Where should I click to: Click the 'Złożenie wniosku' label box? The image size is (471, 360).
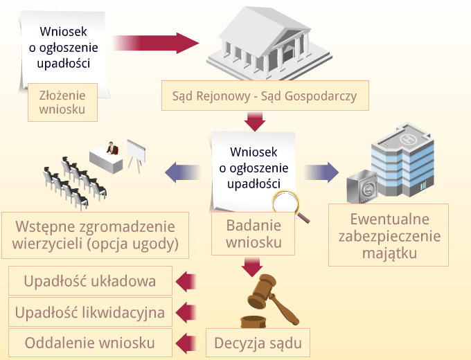point(62,102)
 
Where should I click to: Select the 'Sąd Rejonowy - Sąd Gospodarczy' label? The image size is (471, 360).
point(265,96)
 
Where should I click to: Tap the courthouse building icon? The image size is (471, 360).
point(269,44)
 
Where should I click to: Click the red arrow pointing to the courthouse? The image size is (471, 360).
point(156,43)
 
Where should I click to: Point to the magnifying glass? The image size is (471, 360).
point(287,204)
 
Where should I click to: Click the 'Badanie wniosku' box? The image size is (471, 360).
point(253,233)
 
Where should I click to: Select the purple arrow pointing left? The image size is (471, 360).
point(183,172)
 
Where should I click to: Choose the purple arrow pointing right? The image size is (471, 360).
point(321,172)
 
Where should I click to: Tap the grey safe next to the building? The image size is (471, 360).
point(362,186)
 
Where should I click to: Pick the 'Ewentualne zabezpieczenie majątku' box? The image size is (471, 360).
point(389,235)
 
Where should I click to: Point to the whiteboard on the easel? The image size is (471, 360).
point(136,150)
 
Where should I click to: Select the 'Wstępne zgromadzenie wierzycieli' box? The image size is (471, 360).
point(95,235)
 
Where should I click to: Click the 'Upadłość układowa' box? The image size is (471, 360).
point(90,281)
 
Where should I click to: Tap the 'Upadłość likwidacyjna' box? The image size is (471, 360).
point(90,312)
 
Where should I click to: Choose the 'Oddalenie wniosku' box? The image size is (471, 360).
point(90,343)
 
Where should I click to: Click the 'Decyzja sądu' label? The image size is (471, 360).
point(258,343)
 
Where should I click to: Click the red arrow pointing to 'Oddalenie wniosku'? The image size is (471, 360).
point(186,343)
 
